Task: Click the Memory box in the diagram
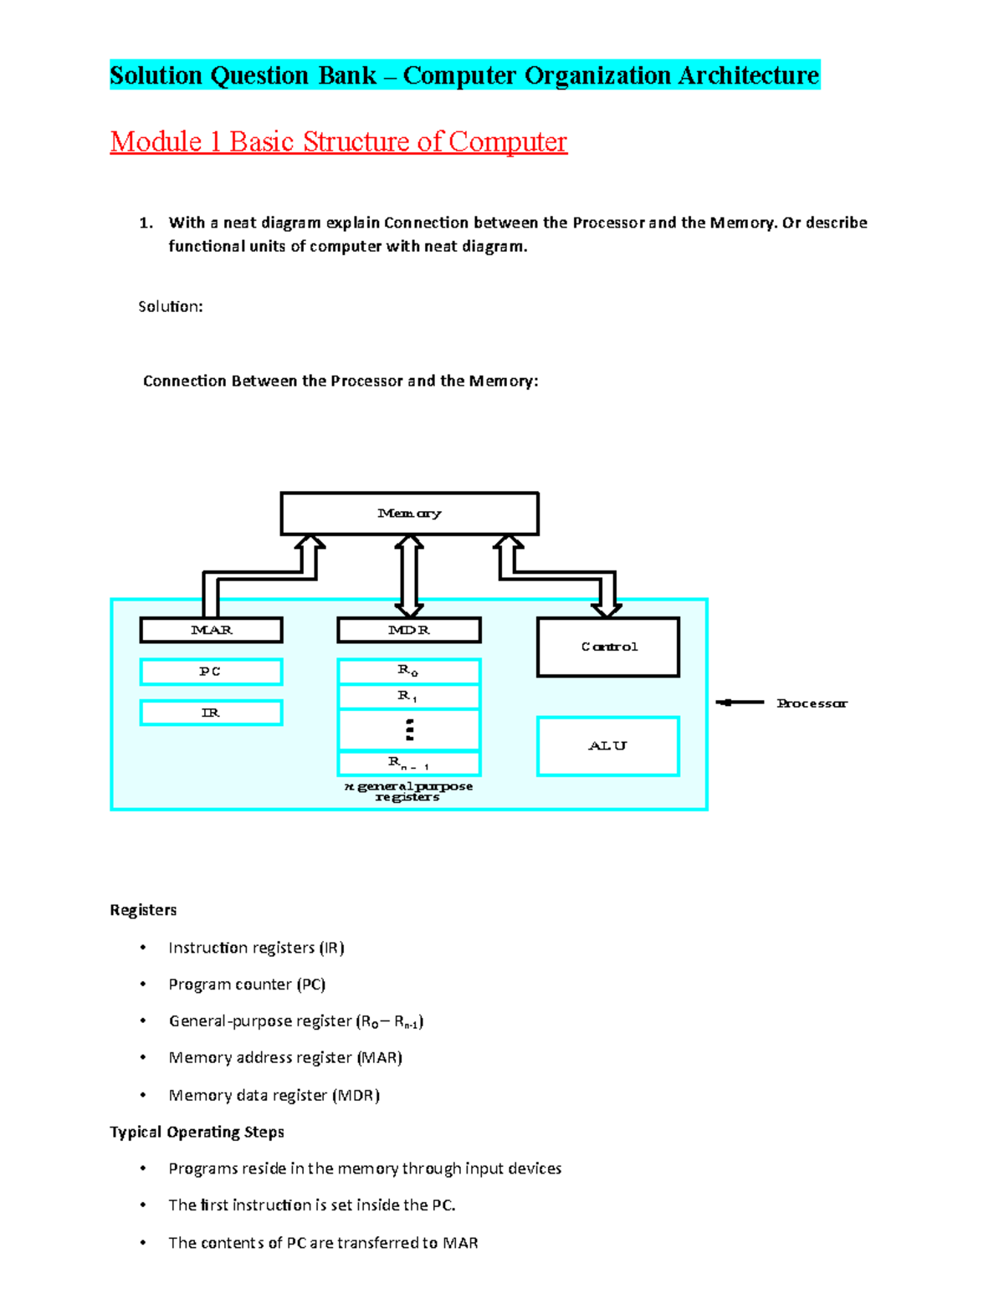[x=409, y=514]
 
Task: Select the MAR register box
[x=211, y=630]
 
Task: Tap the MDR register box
[x=409, y=630]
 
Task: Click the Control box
[x=608, y=647]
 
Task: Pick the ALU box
[x=608, y=746]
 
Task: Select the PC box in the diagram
[x=211, y=672]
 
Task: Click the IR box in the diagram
[x=211, y=713]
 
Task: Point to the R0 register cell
[x=409, y=671]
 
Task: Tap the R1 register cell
[x=409, y=696]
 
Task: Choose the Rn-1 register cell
[x=409, y=764]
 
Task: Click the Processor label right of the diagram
[x=812, y=703]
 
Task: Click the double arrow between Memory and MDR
[x=409, y=576]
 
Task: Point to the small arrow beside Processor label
[x=740, y=703]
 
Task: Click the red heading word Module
[x=156, y=141]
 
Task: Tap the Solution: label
[x=171, y=307]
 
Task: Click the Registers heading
[x=143, y=910]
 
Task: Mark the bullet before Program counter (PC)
[x=143, y=984]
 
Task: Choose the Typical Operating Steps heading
[x=197, y=1132]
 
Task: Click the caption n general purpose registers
[x=408, y=791]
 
